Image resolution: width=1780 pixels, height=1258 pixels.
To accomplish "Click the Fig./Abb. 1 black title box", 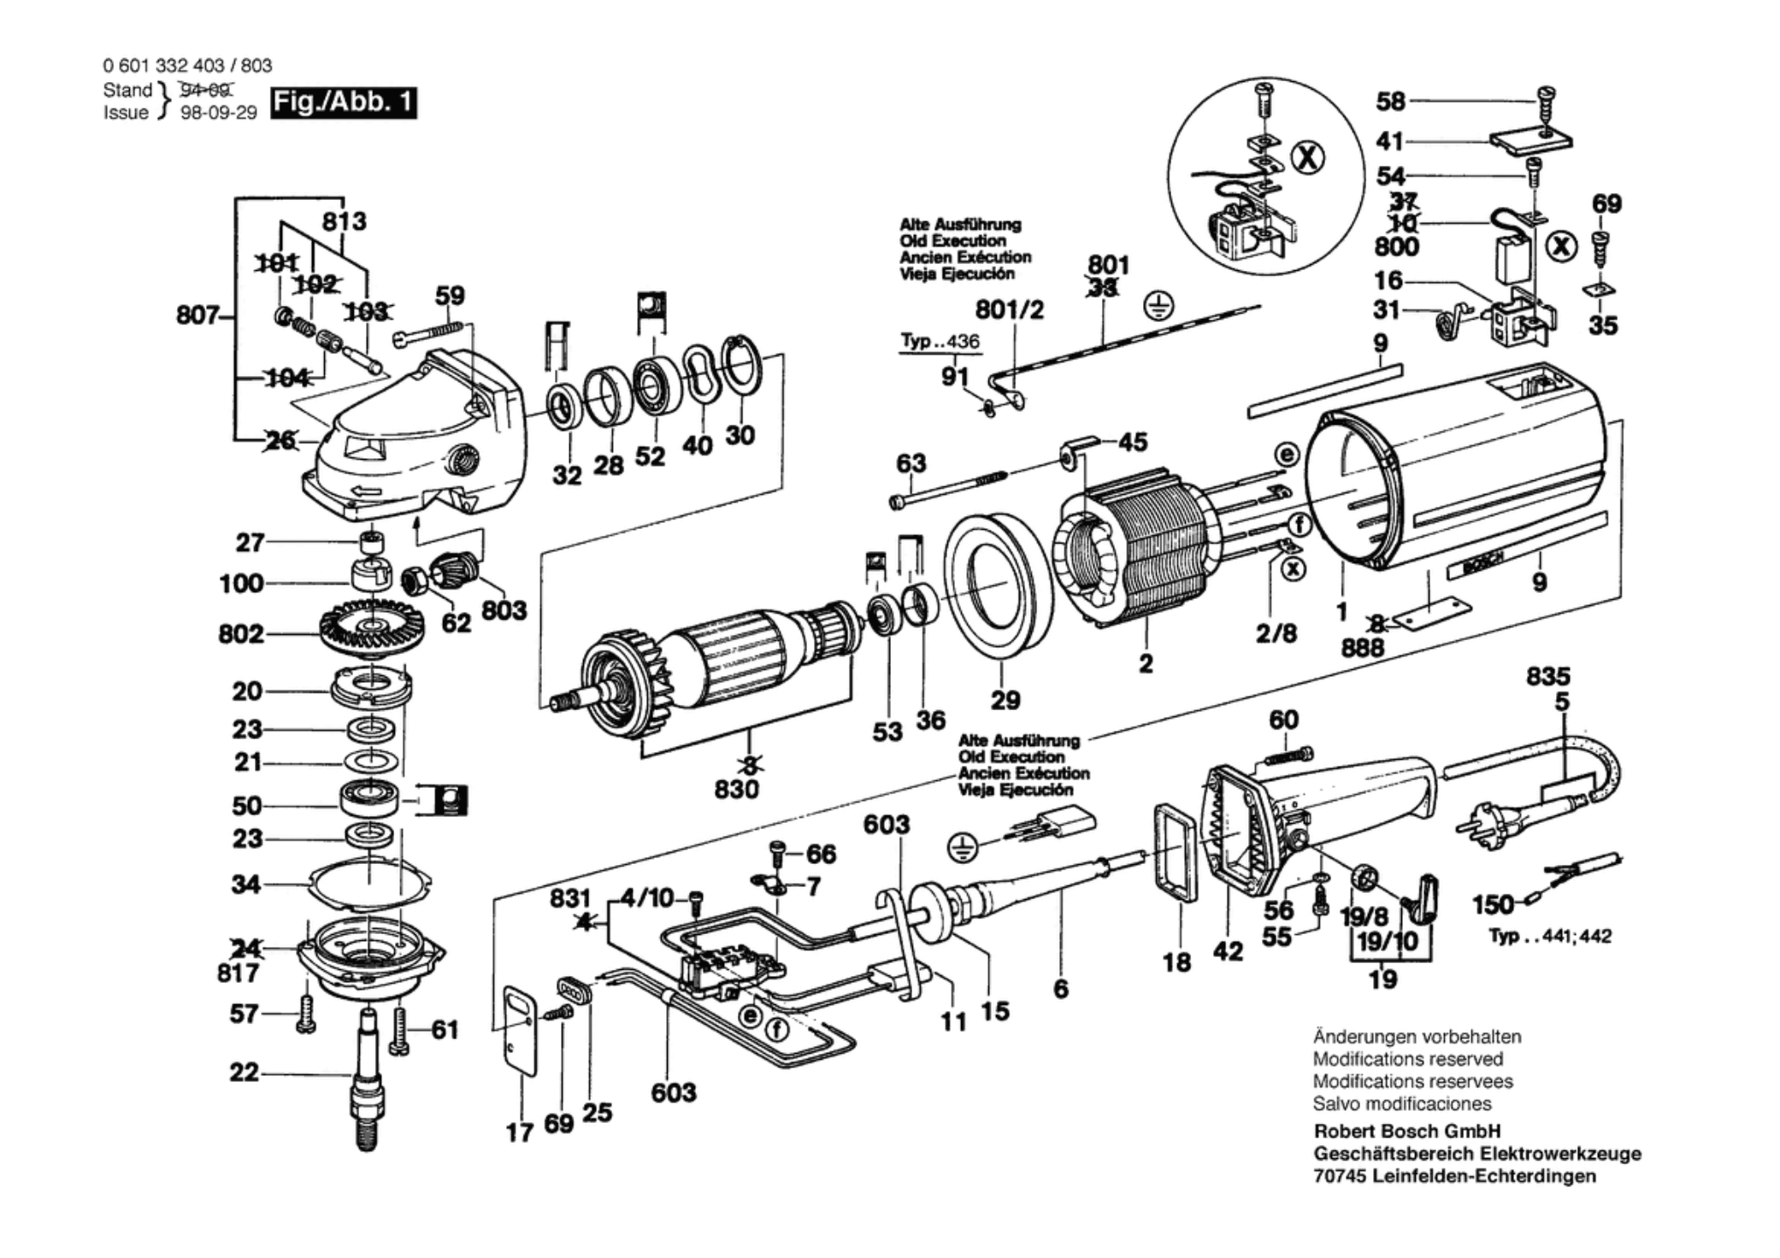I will point(344,103).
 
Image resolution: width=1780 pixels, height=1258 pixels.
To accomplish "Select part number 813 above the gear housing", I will point(344,221).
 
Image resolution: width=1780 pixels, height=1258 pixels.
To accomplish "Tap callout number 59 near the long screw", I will point(450,296).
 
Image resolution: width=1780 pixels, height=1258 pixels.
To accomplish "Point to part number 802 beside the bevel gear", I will point(240,634).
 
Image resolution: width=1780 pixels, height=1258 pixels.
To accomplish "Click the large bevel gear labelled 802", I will point(371,629).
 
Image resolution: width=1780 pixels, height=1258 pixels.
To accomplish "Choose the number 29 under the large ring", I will point(1005,700).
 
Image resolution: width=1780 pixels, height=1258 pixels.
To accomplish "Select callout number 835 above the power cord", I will point(1548,677).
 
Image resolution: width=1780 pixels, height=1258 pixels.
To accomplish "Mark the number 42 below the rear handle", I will point(1228,951).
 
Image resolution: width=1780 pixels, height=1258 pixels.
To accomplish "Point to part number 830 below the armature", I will point(736,789).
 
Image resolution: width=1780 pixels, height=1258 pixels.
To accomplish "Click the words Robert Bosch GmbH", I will point(1407,1131).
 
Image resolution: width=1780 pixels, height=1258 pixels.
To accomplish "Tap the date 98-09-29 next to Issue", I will point(218,113).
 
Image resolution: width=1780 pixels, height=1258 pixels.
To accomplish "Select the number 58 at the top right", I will point(1390,102).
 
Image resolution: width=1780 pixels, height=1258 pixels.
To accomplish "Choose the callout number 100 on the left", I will point(241,584).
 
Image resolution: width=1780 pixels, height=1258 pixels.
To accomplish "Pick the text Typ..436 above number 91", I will point(940,341).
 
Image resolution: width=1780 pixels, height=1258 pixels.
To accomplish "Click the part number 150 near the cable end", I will point(1492,904).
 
